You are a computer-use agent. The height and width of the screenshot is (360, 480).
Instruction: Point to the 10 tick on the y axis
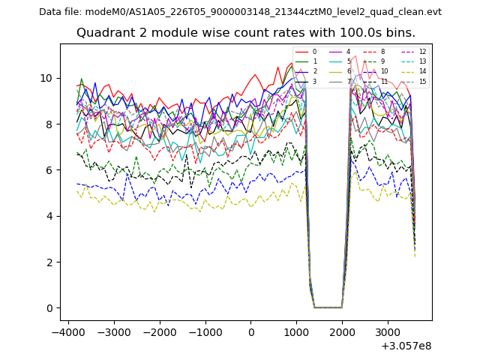coord(46,78)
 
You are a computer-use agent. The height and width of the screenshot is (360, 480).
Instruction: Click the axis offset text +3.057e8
coord(406,346)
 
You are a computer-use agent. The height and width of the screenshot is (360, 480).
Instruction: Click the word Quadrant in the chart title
coord(104,33)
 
